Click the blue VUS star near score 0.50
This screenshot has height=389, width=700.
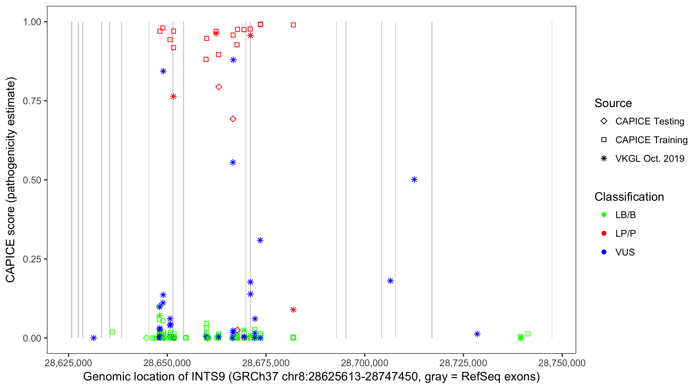tap(414, 179)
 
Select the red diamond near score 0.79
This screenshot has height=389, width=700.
tap(219, 87)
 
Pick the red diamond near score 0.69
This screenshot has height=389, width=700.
tap(233, 119)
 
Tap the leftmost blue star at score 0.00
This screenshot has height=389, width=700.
tap(94, 338)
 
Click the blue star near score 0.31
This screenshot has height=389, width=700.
tap(260, 240)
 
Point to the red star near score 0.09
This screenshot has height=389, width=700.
tap(293, 310)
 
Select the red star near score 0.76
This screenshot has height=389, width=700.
tap(173, 96)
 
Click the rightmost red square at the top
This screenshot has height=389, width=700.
tap(293, 25)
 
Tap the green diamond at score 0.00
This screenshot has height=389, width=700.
tap(146, 338)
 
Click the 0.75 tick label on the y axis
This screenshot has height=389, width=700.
tap(32, 101)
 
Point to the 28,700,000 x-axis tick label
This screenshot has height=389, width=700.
tap(365, 363)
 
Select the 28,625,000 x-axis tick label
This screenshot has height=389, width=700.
tap(68, 363)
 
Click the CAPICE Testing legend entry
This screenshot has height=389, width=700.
tap(649, 121)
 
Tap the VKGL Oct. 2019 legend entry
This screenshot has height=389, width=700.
tap(649, 158)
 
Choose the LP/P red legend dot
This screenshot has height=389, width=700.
tap(604, 233)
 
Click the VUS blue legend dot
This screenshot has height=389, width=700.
tap(604, 252)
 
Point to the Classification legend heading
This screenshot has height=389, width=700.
tap(629, 197)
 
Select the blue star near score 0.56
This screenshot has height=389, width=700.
tap(233, 163)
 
